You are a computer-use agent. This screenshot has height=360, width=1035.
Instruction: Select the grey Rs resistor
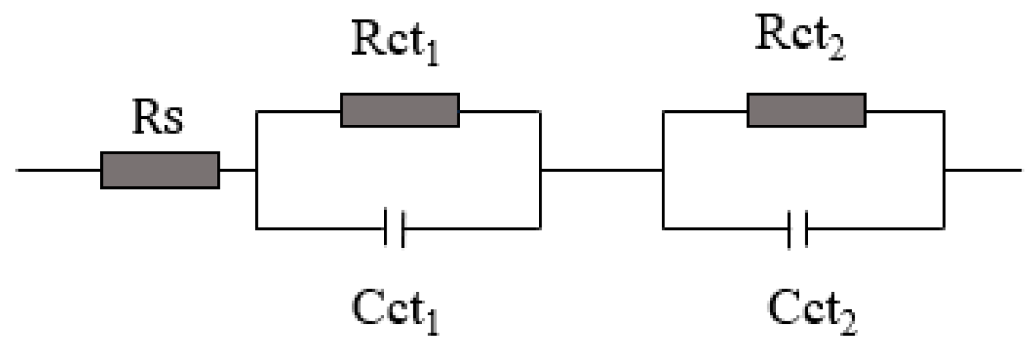click(x=160, y=170)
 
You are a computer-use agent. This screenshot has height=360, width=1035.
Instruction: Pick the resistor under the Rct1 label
click(x=399, y=110)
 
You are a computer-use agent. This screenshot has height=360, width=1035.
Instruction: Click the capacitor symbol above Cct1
click(x=395, y=228)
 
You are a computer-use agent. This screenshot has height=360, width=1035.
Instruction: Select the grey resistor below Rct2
click(x=806, y=110)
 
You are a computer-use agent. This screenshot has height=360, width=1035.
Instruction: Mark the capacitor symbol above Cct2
click(x=797, y=228)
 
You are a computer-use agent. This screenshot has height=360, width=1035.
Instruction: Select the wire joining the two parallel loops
click(x=601, y=170)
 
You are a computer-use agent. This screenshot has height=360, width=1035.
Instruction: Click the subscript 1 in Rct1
click(x=432, y=56)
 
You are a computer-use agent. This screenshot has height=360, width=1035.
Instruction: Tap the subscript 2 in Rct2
click(x=835, y=49)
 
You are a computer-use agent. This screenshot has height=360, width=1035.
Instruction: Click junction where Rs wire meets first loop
click(x=256, y=170)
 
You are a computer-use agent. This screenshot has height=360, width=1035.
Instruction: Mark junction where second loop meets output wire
click(x=944, y=170)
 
